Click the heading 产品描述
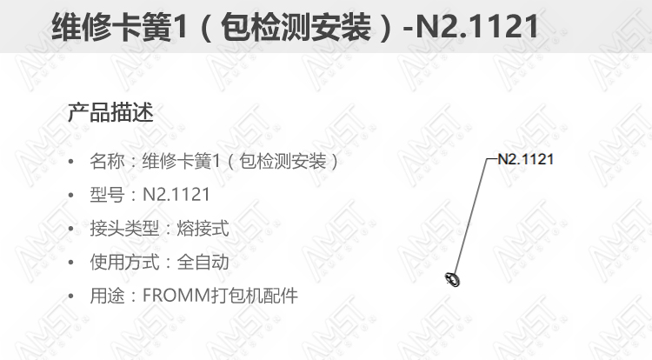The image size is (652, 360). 110,112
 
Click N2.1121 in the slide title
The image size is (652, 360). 477,27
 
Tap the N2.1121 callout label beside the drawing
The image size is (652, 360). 526,159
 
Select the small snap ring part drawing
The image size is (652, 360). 452,279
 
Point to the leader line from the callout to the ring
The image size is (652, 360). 471,217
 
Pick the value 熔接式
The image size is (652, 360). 203,229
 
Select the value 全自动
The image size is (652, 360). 203,263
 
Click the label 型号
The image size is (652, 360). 107,195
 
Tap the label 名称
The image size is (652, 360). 107,161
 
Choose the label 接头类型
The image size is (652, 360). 124,229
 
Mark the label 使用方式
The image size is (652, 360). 124,263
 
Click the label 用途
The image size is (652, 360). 107,296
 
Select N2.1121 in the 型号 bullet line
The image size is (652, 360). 176,195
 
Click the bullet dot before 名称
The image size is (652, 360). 71,162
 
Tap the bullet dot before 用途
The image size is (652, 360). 71,296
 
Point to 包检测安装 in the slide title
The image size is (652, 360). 296,27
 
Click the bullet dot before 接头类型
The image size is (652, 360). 71,229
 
